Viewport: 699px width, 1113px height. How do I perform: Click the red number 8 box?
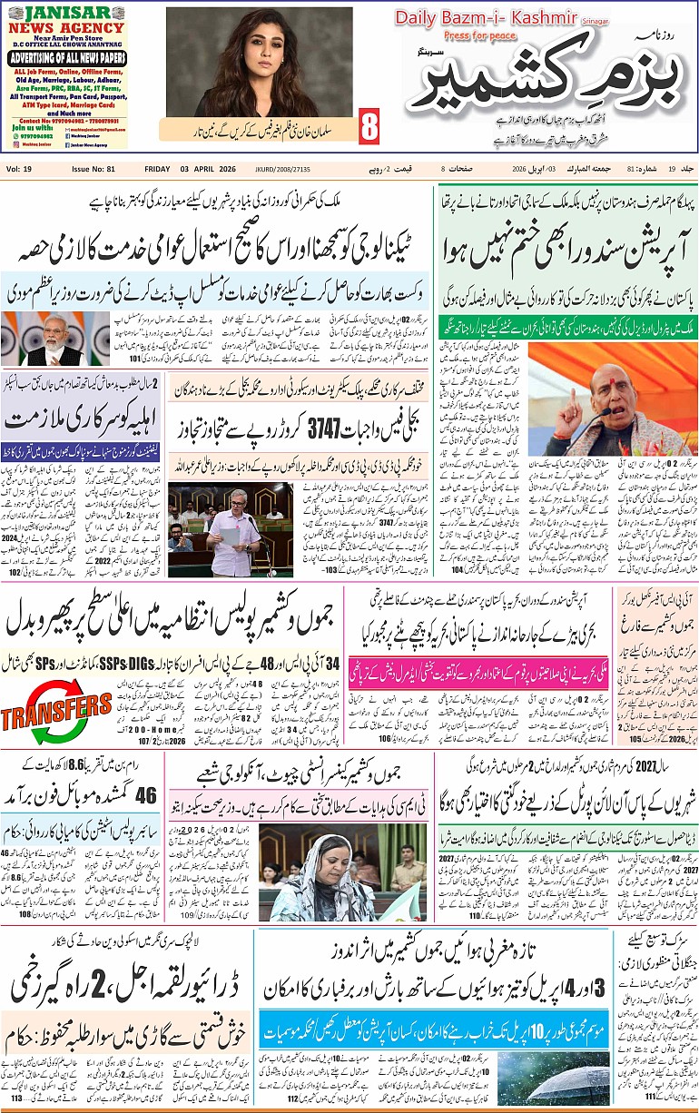(369, 127)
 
